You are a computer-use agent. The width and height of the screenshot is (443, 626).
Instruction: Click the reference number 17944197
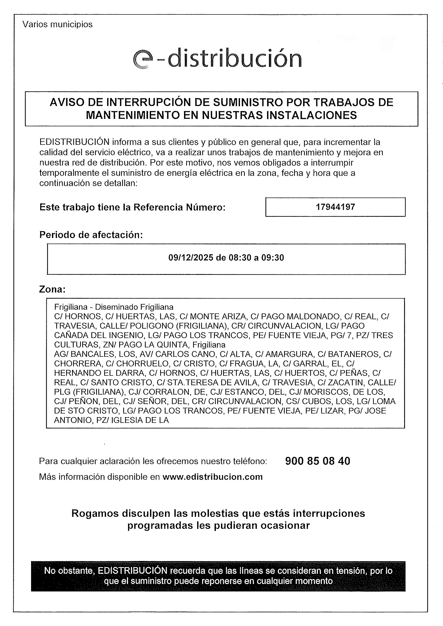point(335,207)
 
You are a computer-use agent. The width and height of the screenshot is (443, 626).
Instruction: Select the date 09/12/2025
point(191,258)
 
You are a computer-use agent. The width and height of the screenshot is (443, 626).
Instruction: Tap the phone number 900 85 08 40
point(317,461)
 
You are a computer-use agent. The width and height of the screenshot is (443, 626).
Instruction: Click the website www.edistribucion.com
point(212,477)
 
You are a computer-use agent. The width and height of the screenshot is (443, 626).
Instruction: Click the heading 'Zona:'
point(52,289)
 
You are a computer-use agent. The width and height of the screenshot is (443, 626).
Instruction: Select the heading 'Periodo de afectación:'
point(91,235)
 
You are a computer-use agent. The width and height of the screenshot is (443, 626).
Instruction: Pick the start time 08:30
point(240,258)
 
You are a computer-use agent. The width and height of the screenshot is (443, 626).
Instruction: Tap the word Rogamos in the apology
point(95,513)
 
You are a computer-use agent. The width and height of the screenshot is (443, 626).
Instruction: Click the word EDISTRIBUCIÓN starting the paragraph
point(74,142)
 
